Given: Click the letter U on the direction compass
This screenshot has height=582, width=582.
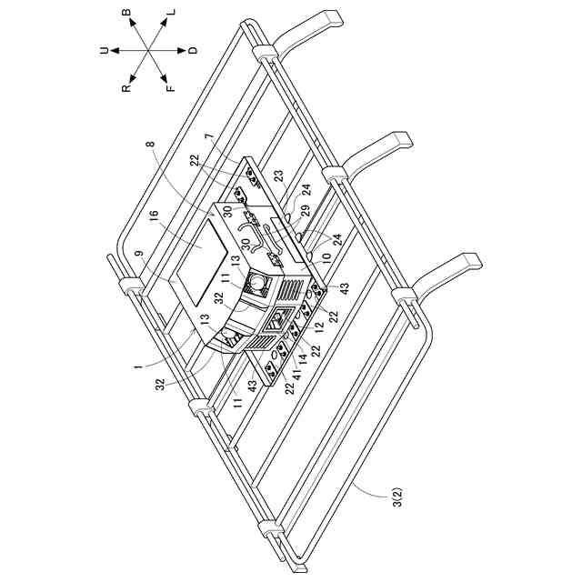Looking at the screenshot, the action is (105, 51).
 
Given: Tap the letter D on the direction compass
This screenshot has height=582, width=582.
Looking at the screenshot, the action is (194, 50).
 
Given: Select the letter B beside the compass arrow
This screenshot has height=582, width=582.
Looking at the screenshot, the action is (126, 13).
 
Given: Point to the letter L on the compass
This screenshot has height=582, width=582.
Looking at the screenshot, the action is (171, 12).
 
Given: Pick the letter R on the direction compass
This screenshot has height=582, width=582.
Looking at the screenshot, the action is (126, 88).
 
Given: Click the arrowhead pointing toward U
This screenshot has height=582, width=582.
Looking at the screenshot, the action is (115, 51).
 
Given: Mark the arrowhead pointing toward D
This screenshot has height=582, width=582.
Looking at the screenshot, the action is (182, 51).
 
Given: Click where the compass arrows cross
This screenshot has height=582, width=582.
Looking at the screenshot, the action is (148, 51).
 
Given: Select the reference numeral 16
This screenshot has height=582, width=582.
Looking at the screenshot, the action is (155, 216).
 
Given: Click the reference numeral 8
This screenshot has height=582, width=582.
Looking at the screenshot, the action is (150, 144).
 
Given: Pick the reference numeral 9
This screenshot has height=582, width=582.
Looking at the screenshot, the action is (139, 254).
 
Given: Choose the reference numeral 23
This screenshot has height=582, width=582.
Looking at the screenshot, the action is (279, 176).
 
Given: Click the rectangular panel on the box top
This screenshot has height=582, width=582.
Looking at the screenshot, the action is (202, 262).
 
